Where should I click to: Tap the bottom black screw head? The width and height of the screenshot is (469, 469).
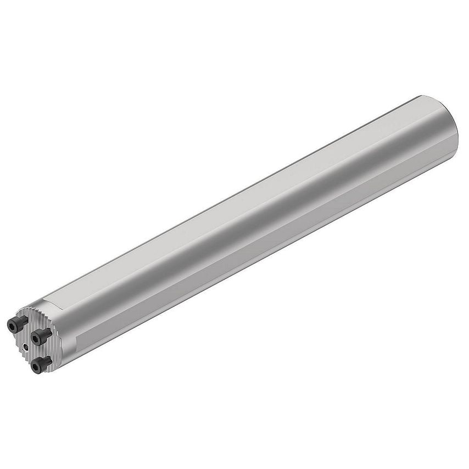point(37,365)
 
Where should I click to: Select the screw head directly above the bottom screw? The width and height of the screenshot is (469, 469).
point(36,337)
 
